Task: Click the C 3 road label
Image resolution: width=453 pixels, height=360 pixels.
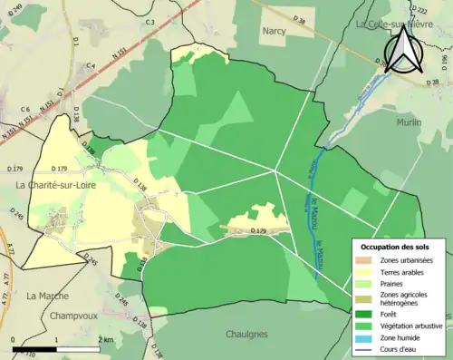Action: pyautogui.click(x=149, y=21)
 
